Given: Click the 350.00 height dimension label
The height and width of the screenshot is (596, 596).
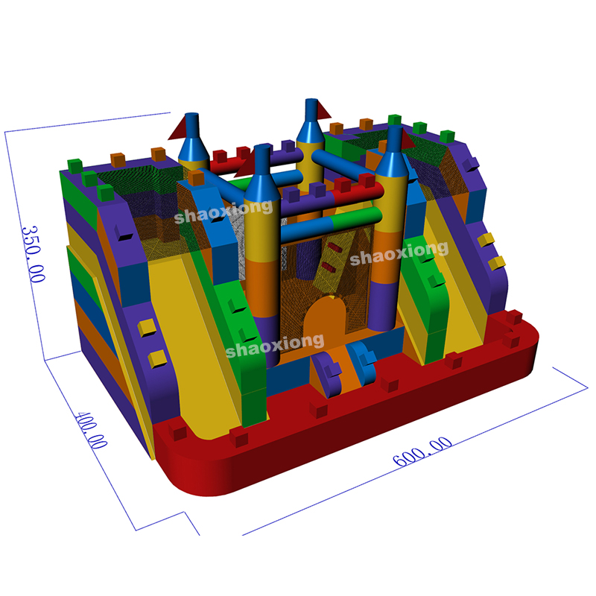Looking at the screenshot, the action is coord(33,254).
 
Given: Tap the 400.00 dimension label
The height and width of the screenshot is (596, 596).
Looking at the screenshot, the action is coord(91,430).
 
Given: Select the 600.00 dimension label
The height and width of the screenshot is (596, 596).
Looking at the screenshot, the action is coord(422,451).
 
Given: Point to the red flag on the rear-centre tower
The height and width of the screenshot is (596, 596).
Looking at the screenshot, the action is coord(323,110).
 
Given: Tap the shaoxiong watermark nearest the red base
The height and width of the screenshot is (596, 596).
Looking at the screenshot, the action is coord(275,346).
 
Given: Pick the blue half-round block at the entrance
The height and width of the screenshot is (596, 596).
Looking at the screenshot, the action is coord(362,362).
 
